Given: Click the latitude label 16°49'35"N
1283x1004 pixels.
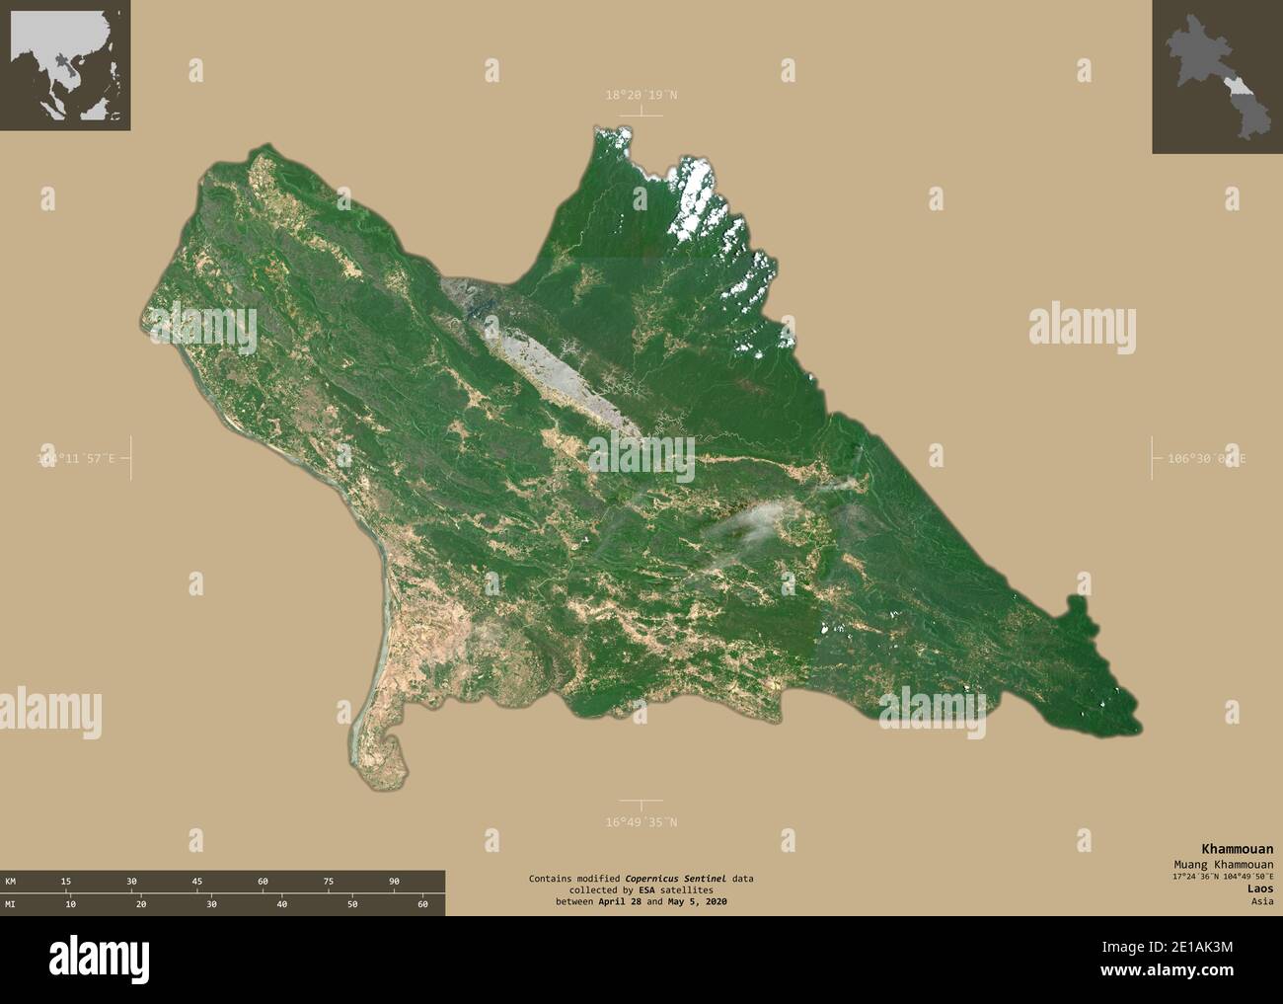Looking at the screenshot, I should [x=641, y=821].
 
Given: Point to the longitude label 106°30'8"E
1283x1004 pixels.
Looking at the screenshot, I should [x=1206, y=459].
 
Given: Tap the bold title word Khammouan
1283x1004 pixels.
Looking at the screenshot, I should [x=1236, y=849].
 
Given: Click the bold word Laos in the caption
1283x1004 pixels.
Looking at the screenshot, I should [x=1259, y=888].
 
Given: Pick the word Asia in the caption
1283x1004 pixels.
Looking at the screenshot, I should [x=1260, y=901].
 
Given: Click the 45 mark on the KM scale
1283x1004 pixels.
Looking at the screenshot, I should [x=197, y=881].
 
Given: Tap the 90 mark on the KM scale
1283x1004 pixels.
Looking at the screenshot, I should [x=394, y=881].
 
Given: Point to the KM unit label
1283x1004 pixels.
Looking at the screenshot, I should [x=10, y=881].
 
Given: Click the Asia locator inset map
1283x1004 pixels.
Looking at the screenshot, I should [x=65, y=65].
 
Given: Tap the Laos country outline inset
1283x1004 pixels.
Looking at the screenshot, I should [x=1217, y=76].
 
